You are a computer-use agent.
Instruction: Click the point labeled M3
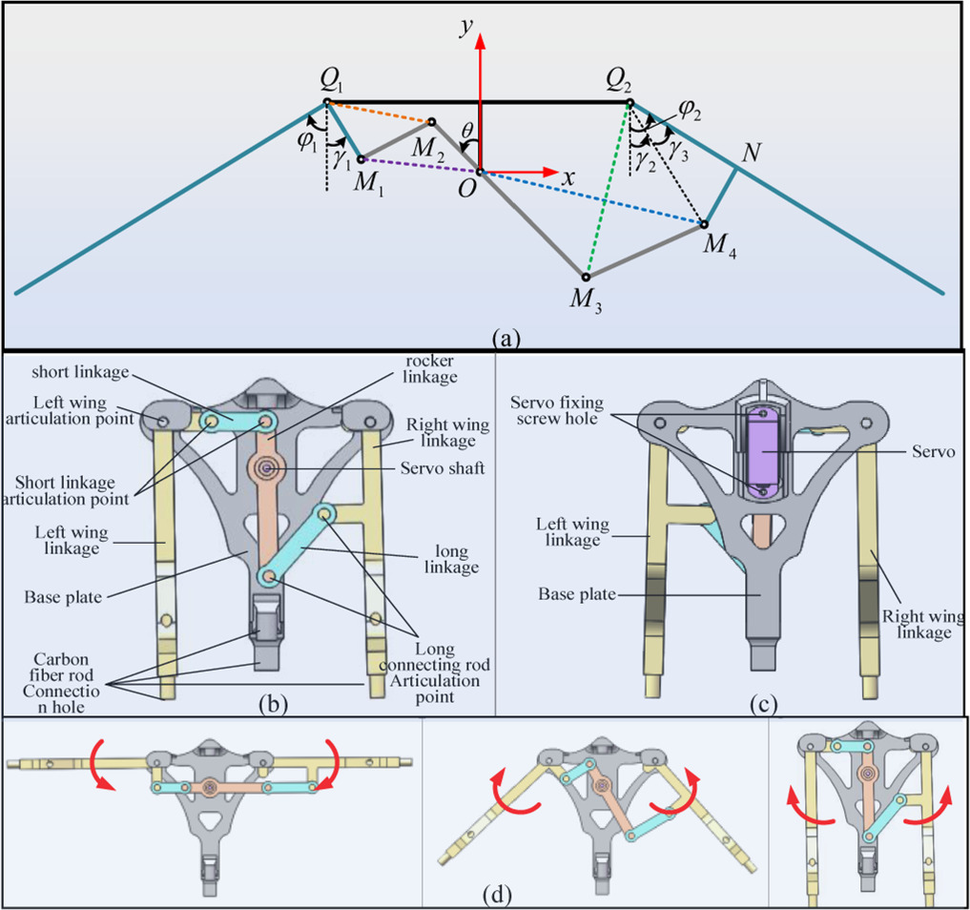[586, 278]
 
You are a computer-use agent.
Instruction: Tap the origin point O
[480, 173]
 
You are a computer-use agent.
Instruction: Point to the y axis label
[466, 28]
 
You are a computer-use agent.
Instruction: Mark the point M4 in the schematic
[704, 225]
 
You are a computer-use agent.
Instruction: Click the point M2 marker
[431, 122]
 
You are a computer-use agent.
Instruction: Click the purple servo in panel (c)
[765, 448]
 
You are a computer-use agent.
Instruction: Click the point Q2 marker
[628, 102]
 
